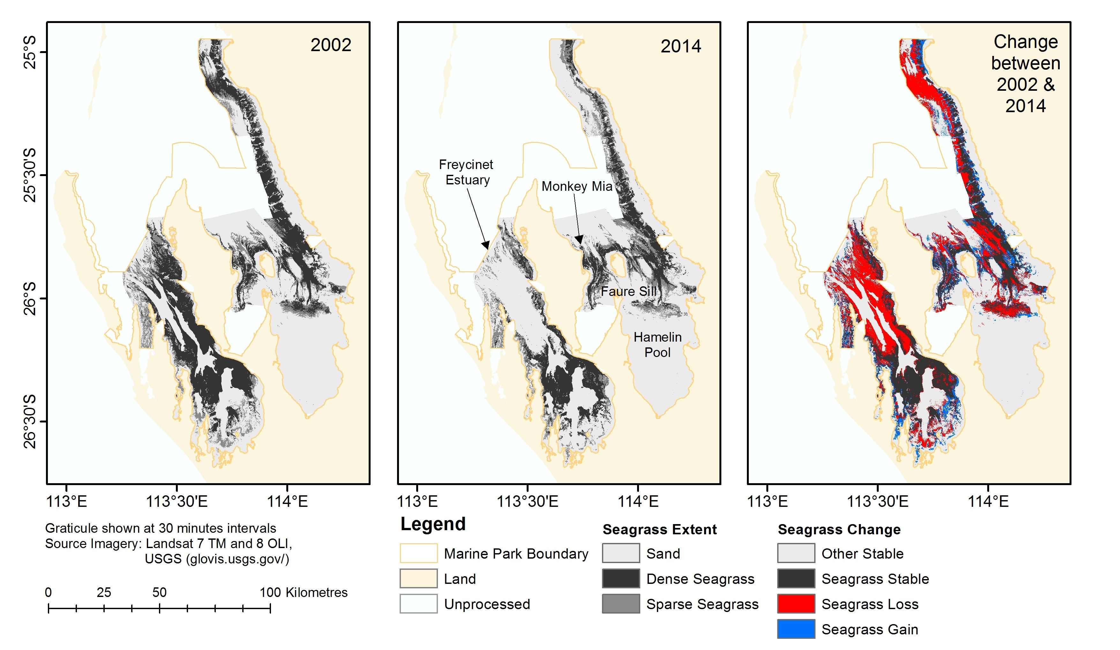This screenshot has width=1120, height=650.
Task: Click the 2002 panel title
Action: [331, 45]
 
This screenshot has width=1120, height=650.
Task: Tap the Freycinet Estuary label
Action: [466, 172]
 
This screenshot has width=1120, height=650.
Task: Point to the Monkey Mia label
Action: [576, 186]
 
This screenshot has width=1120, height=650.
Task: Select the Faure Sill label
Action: [628, 291]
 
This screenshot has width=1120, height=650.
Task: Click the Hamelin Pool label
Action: [657, 344]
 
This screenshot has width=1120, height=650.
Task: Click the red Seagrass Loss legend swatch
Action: [796, 604]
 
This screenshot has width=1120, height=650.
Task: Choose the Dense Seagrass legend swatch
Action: [620, 578]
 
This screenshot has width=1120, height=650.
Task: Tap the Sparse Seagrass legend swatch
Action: [620, 604]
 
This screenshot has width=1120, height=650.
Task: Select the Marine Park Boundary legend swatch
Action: [418, 553]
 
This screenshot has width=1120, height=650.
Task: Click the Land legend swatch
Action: [418, 578]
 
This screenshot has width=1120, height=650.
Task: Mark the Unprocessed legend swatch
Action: [418, 604]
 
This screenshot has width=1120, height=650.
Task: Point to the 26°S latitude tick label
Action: [29, 298]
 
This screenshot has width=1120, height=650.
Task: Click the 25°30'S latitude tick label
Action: [29, 175]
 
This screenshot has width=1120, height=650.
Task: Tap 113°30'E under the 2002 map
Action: [177, 502]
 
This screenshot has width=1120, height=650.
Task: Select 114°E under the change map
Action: [988, 502]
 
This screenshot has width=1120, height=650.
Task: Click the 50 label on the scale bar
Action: [159, 592]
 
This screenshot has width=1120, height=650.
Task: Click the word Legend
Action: [433, 524]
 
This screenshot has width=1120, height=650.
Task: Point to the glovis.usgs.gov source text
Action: [217, 559]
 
